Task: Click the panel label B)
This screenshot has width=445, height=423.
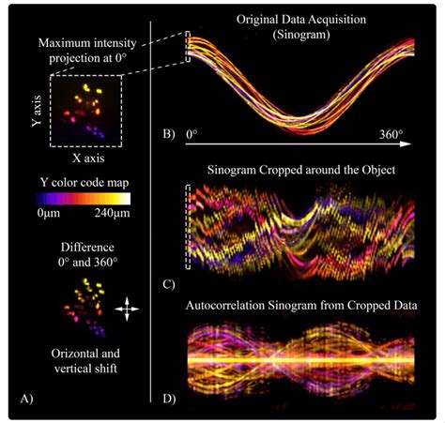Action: (x=169, y=132)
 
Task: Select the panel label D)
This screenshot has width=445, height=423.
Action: (x=169, y=398)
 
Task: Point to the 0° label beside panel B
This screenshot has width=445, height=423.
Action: (x=192, y=135)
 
